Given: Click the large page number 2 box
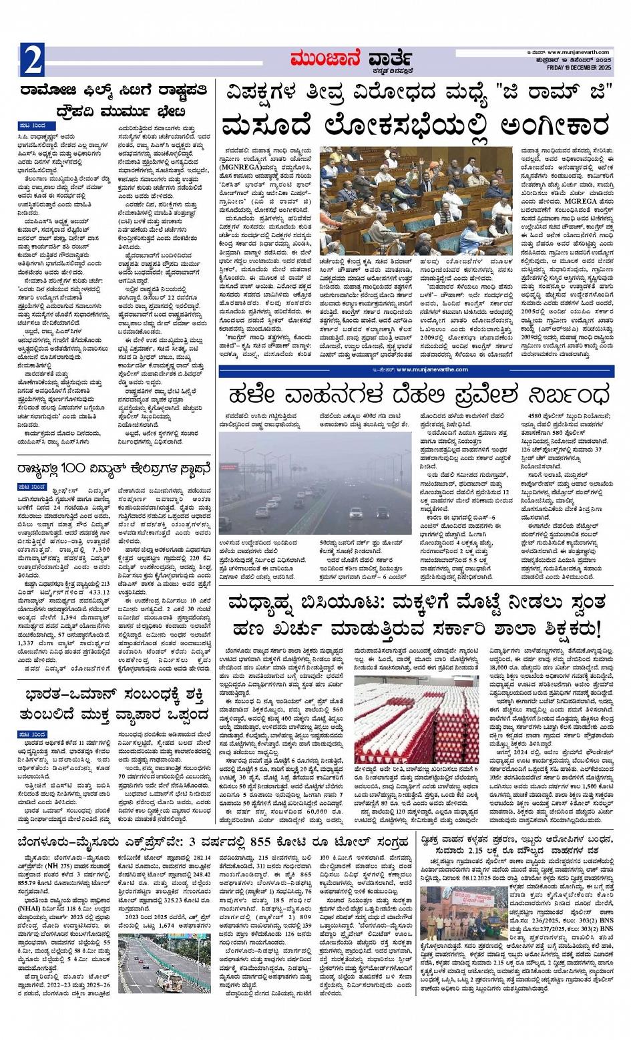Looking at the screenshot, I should click(32, 61).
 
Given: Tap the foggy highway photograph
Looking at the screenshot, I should click(317, 485).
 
